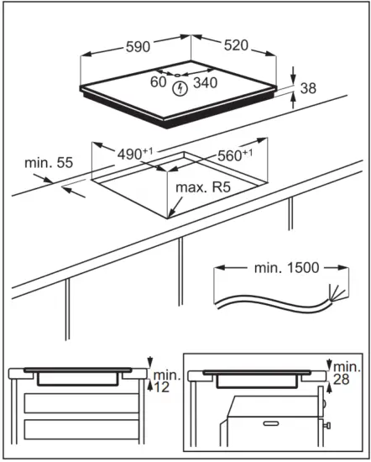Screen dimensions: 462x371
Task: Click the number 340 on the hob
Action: [204, 82]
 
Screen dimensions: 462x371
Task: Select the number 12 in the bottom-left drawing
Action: [160, 386]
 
